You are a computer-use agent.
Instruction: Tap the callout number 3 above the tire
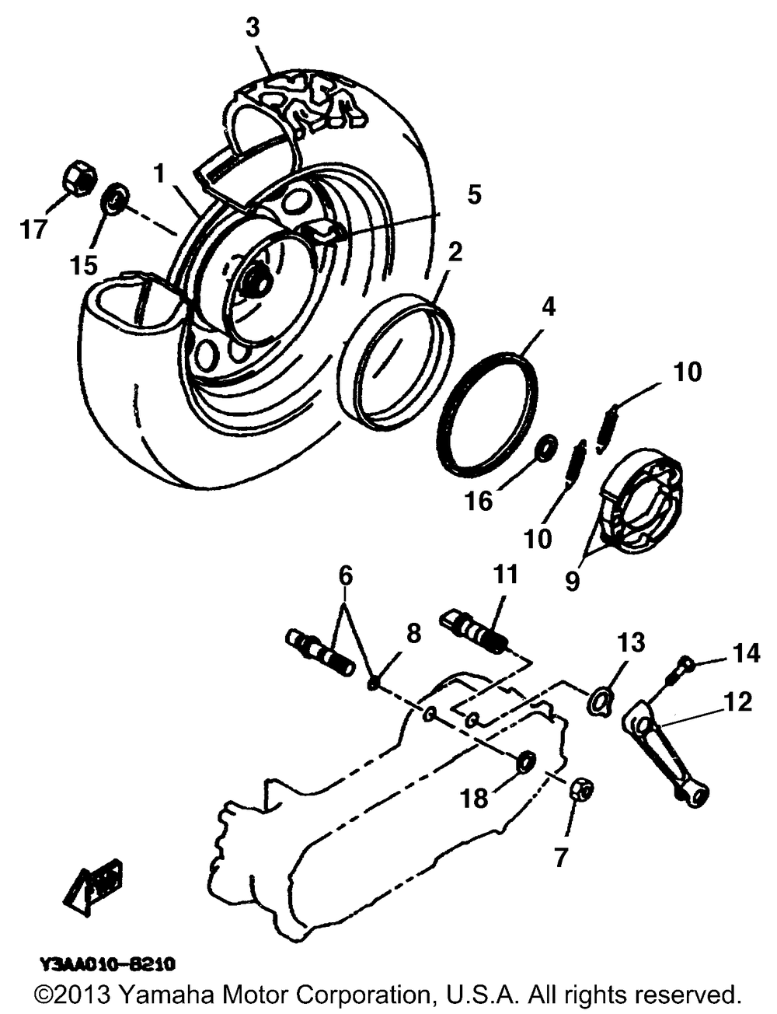(x=253, y=28)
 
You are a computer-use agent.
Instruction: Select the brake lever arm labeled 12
(x=667, y=751)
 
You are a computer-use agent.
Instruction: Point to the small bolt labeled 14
(x=684, y=664)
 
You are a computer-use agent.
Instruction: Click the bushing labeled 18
(x=525, y=763)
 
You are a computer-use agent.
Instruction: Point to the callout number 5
(x=473, y=194)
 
